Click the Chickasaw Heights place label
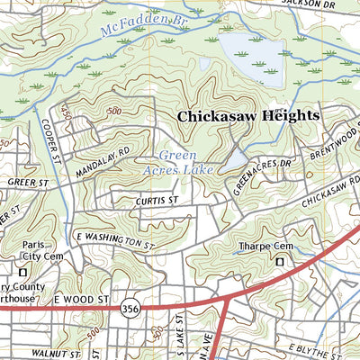point(248,116)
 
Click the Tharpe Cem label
point(261,246)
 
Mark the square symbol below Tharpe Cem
point(279,261)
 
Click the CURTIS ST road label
point(159,202)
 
